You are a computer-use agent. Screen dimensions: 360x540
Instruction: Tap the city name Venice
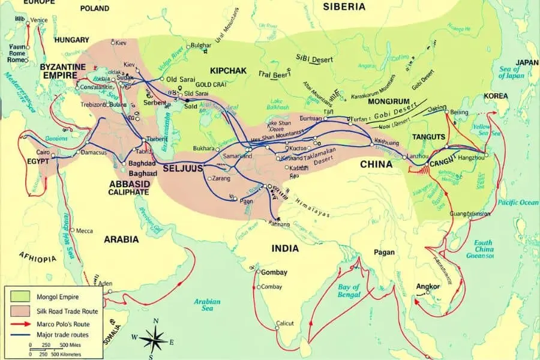(x=39, y=20)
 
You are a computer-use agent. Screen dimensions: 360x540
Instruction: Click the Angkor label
(x=428, y=286)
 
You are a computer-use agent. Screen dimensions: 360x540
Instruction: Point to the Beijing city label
(x=459, y=113)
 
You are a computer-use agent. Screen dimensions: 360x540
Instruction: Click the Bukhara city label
(x=204, y=148)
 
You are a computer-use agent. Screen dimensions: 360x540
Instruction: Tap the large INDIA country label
(x=285, y=248)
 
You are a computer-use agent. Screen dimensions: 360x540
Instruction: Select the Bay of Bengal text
(x=349, y=290)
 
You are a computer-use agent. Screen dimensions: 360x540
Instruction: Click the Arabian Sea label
(x=207, y=305)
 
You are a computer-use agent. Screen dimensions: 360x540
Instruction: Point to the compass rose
(x=157, y=340)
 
